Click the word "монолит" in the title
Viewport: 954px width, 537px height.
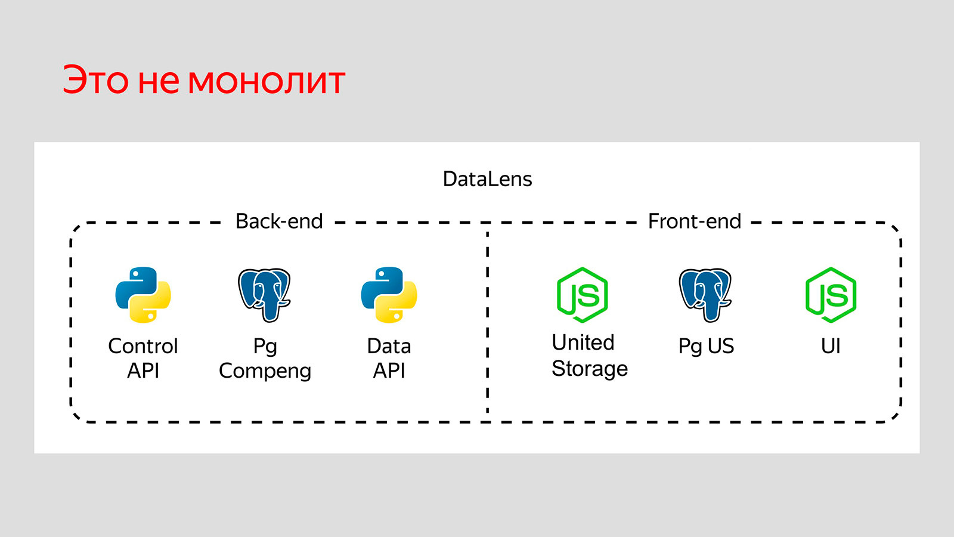tap(267, 82)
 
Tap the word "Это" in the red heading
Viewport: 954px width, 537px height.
tap(95, 81)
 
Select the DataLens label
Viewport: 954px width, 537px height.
tap(487, 179)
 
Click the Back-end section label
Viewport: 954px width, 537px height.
tap(279, 221)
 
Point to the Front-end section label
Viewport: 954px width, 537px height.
tap(694, 221)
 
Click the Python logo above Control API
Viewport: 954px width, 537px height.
tap(143, 295)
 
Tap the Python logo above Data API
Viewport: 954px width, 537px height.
tap(389, 295)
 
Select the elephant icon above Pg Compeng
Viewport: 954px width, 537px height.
tap(264, 295)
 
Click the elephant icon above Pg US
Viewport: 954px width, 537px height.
tap(705, 295)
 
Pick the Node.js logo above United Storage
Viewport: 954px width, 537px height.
tap(582, 295)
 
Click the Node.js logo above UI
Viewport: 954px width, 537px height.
tap(831, 295)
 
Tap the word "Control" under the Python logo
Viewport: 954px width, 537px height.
tap(143, 346)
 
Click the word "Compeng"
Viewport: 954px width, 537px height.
tap(265, 371)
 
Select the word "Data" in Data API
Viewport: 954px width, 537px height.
tap(389, 346)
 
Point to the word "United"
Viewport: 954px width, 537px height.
tap(583, 342)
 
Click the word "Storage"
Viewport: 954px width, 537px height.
tap(589, 369)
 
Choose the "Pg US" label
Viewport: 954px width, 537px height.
tap(706, 347)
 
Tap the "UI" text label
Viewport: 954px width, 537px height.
tap(831, 346)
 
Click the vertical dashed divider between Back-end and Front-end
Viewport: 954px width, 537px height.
tap(488, 322)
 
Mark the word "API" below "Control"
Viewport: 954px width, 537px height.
tap(143, 371)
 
